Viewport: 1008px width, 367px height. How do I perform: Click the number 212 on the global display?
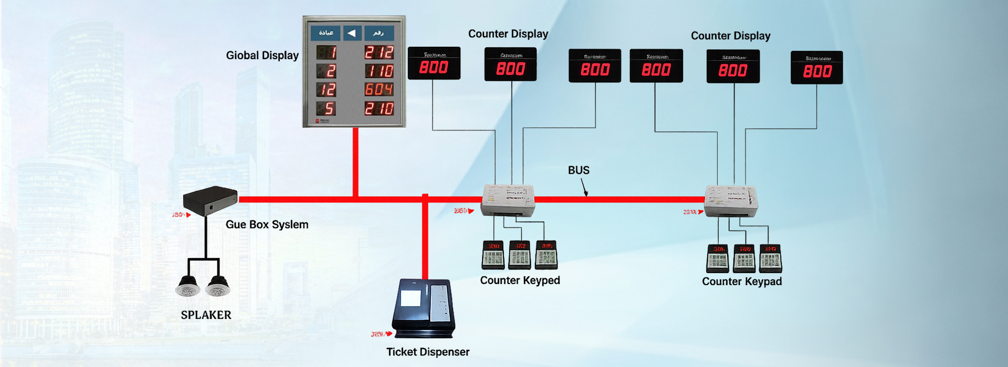[x=379, y=52]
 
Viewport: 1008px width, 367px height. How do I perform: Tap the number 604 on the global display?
[x=379, y=90]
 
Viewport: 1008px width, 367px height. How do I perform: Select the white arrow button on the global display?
[x=352, y=34]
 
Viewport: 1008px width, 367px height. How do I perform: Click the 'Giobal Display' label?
[x=262, y=56]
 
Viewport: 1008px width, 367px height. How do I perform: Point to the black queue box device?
[x=210, y=200]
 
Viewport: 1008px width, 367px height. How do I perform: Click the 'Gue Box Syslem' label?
[x=267, y=224]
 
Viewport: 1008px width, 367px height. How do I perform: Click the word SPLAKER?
[x=206, y=315]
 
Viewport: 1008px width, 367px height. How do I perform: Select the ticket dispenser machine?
[x=424, y=309]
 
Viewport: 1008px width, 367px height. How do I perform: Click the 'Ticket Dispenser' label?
[x=428, y=352]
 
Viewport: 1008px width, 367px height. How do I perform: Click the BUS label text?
[x=579, y=170]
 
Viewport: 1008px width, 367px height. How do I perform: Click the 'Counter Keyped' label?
[x=520, y=280]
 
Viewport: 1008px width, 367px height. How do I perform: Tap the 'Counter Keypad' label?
[x=742, y=282]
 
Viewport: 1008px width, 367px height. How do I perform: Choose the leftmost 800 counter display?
[x=434, y=63]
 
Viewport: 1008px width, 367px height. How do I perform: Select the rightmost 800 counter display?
[x=816, y=68]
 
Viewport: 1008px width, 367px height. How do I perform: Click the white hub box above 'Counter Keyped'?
[x=508, y=200]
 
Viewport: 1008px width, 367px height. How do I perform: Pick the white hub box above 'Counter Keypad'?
[x=731, y=201]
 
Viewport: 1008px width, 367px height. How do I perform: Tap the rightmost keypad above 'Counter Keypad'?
[x=770, y=258]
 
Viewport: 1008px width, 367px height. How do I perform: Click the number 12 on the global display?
[x=326, y=90]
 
